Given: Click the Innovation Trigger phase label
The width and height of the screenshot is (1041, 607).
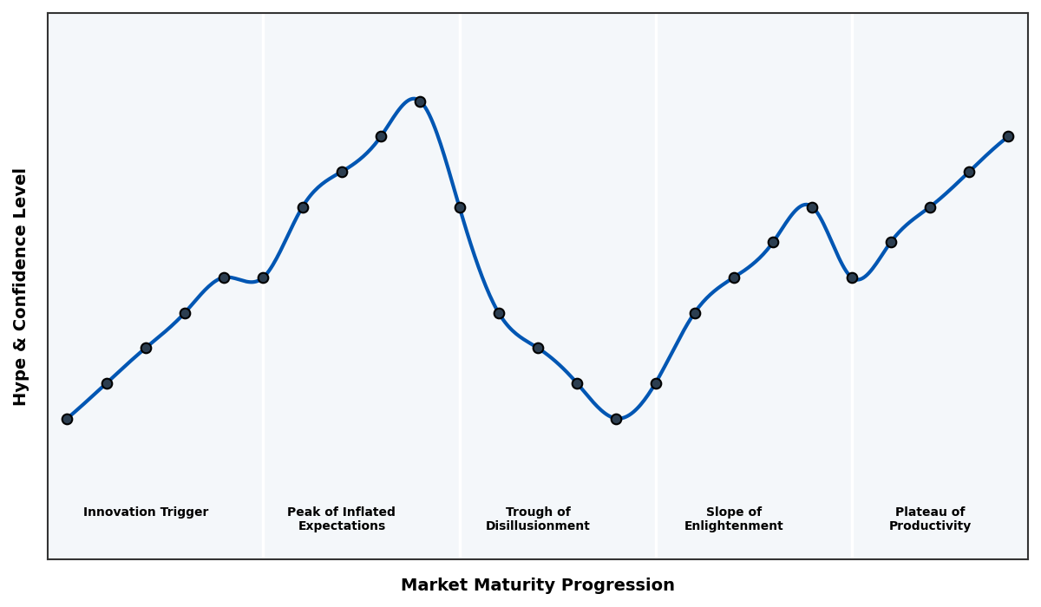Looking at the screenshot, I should [146, 512].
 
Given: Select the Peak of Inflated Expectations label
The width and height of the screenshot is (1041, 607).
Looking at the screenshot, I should [341, 519].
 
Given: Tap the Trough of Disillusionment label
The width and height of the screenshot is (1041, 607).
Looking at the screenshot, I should [538, 519].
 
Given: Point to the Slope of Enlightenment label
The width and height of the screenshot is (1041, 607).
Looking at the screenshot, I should [734, 519].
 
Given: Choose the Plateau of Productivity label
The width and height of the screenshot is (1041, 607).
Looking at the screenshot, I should [930, 519].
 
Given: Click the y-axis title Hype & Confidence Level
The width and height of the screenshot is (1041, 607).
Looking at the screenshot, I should [21, 286].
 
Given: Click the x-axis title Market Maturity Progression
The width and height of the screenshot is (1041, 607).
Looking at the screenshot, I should [538, 585].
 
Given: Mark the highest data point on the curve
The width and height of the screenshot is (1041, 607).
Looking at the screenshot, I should [420, 101].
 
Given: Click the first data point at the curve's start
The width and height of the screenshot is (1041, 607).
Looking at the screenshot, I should [67, 419].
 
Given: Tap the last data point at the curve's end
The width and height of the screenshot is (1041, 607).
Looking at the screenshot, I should [1008, 136].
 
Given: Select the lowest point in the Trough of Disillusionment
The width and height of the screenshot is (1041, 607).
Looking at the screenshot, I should [616, 419].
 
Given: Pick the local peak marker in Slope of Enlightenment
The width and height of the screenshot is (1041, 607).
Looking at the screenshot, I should [812, 207].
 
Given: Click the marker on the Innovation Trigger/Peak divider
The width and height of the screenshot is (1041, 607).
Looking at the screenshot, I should [263, 277].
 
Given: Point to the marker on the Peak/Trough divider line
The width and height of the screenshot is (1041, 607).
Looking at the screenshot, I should [460, 207].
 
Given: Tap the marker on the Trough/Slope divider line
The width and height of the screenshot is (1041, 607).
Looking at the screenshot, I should [656, 383].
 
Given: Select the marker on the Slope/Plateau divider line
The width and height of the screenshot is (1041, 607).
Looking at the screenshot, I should [852, 277].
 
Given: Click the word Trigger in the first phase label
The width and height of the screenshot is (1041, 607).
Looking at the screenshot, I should [184, 512].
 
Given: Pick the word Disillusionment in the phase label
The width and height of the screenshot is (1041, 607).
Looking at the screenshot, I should [538, 526].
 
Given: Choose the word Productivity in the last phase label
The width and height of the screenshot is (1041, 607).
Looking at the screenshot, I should [930, 526].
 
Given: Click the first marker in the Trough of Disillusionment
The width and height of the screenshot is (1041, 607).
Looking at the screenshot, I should [499, 313].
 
